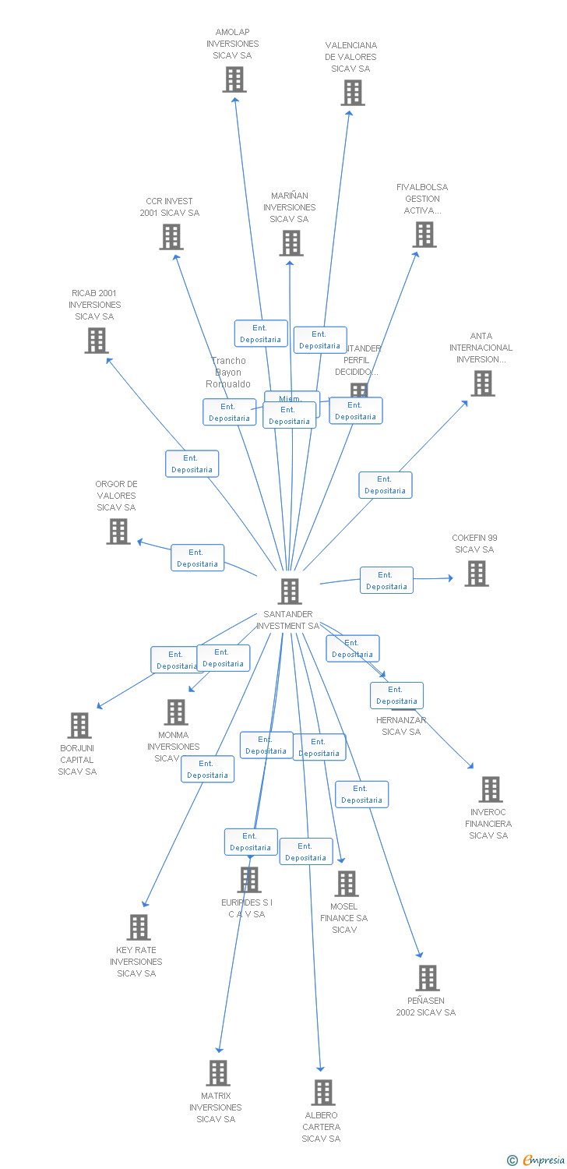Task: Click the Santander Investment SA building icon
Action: (290, 592)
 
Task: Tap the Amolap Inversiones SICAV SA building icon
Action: (234, 79)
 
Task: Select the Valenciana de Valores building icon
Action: (353, 93)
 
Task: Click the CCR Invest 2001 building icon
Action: (171, 237)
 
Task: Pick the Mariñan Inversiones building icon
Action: (291, 243)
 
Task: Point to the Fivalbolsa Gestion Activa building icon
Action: (424, 235)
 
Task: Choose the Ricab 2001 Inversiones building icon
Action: (97, 341)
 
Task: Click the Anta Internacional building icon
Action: (483, 383)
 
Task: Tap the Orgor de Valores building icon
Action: (118, 532)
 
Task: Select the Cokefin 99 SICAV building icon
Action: (477, 574)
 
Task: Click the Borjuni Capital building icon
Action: (79, 726)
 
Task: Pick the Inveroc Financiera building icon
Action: (491, 789)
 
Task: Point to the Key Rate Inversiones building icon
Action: (139, 927)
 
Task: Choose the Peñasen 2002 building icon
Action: (428, 978)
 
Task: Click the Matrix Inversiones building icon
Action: (218, 1073)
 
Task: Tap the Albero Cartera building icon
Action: (323, 1093)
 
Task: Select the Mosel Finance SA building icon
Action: (347, 884)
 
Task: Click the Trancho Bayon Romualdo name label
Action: (228, 373)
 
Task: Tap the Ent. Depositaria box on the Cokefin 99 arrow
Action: (386, 581)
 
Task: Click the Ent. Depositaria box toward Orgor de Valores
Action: (198, 558)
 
